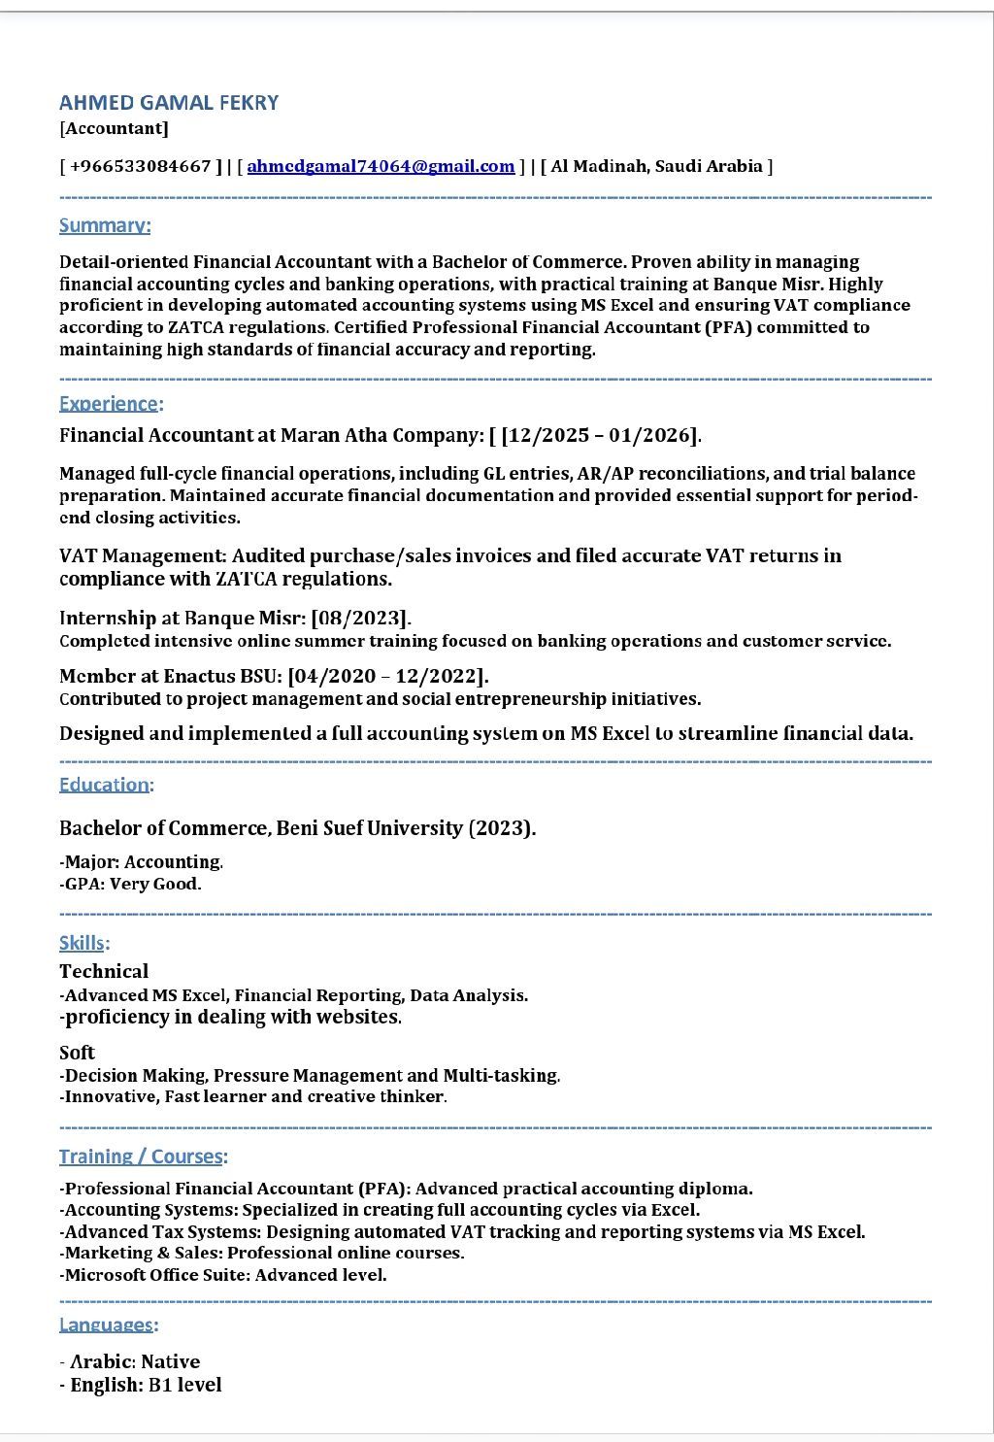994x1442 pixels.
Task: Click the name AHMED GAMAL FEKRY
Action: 169,103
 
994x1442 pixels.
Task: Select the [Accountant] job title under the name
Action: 114,128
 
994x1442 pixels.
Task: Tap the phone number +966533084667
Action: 141,166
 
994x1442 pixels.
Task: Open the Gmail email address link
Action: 381,166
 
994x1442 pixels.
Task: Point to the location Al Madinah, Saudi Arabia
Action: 657,166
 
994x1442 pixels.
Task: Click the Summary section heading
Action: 105,225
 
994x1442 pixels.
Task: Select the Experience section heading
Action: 109,403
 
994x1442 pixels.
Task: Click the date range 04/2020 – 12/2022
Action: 387,676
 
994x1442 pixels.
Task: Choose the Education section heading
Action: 105,785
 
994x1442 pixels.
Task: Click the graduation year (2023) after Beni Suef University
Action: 500,828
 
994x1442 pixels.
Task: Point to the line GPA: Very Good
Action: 131,884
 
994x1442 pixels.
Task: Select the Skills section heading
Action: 83,943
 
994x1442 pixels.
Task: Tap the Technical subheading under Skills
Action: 104,971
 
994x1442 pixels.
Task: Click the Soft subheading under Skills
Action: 77,1053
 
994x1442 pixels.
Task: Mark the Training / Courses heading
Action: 142,1157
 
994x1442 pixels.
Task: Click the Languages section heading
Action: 107,1325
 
